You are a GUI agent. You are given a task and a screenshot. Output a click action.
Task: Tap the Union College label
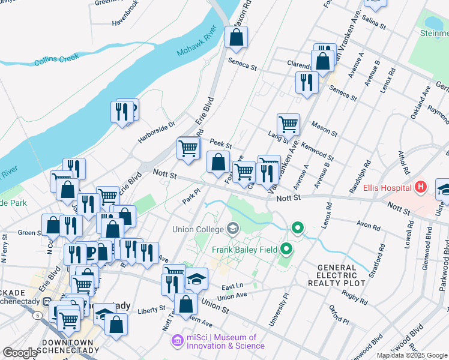point(197,229)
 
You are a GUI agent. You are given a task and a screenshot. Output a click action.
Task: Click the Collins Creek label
point(53,61)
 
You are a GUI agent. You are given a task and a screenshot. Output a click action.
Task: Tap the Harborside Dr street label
point(155,125)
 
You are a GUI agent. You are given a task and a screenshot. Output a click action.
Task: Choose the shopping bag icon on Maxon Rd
point(237,37)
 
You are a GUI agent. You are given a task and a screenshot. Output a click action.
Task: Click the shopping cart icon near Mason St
point(288,125)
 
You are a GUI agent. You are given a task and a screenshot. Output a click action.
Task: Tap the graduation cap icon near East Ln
point(196,279)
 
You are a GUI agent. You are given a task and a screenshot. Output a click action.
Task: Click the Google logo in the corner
point(19,353)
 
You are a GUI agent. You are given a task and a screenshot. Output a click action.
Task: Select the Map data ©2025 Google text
point(412,355)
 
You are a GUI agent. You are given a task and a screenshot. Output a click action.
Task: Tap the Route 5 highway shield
point(38,315)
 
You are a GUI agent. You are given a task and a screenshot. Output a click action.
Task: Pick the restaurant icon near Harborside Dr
point(121,112)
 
